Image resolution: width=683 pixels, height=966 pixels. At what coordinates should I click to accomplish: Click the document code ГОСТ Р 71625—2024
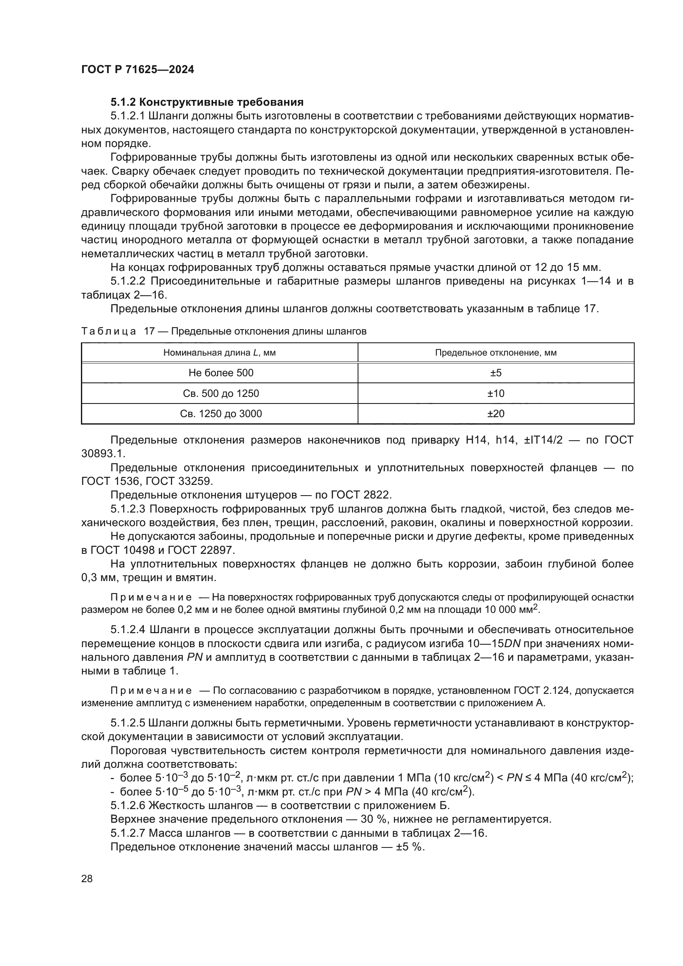point(138,70)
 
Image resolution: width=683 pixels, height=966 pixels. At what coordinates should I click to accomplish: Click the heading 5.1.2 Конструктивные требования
point(207,102)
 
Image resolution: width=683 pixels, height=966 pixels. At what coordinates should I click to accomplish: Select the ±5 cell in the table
point(496,373)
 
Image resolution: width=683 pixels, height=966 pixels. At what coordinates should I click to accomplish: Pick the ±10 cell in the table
point(496,394)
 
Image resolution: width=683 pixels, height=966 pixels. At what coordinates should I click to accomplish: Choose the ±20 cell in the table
point(496,413)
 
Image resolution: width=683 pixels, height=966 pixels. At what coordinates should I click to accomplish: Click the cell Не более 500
point(221,373)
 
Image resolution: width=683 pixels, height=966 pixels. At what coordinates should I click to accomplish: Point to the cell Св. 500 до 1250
point(221,394)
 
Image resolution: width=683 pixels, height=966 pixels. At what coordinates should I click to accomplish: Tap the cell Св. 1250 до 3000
point(221,413)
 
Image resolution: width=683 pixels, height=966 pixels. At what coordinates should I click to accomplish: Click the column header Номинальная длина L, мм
point(220,353)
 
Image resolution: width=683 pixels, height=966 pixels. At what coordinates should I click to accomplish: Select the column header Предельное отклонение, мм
point(496,353)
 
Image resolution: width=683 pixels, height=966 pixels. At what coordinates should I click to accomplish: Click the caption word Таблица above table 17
point(109,331)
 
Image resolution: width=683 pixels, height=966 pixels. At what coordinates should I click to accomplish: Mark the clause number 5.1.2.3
point(128,509)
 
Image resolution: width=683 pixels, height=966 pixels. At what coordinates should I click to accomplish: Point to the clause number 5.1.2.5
point(128,723)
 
